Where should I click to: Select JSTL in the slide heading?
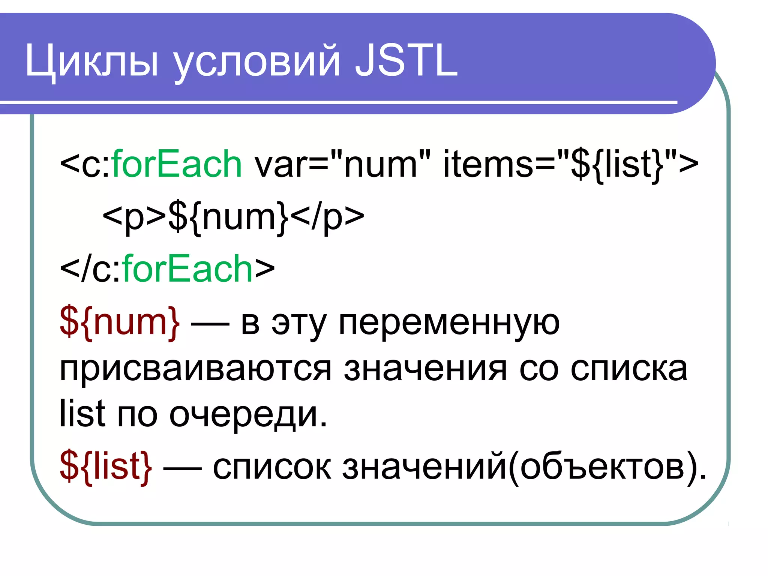[x=406, y=60]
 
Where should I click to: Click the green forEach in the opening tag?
[x=177, y=164]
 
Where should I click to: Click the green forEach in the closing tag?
[x=187, y=269]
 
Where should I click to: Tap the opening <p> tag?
[x=134, y=217]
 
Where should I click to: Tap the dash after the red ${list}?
[x=182, y=468]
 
